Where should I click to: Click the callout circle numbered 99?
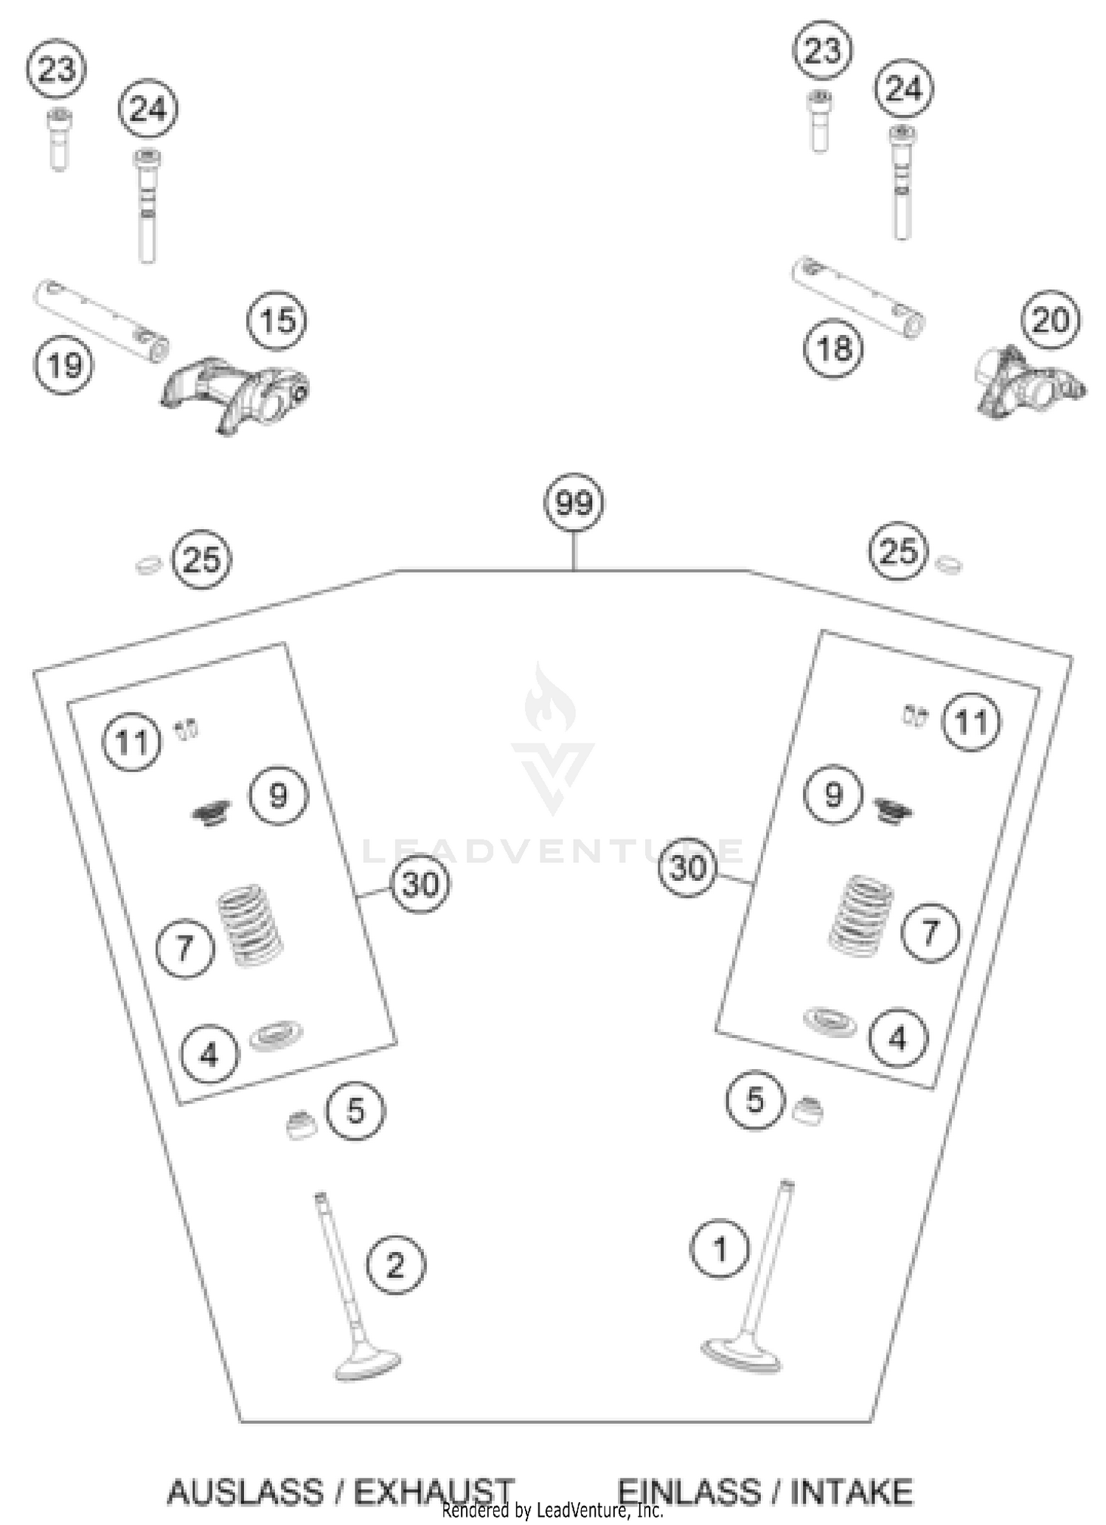[x=574, y=503]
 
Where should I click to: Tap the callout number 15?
[x=277, y=322]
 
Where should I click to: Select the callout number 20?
[x=1051, y=321]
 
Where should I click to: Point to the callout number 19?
[x=64, y=364]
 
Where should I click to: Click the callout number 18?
[x=834, y=347]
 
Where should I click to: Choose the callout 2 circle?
[x=396, y=1265]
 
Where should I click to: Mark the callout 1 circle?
[x=720, y=1249]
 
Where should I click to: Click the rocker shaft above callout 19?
[x=101, y=321]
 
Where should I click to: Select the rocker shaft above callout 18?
[x=858, y=297]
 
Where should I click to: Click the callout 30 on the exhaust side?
[x=420, y=883]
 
